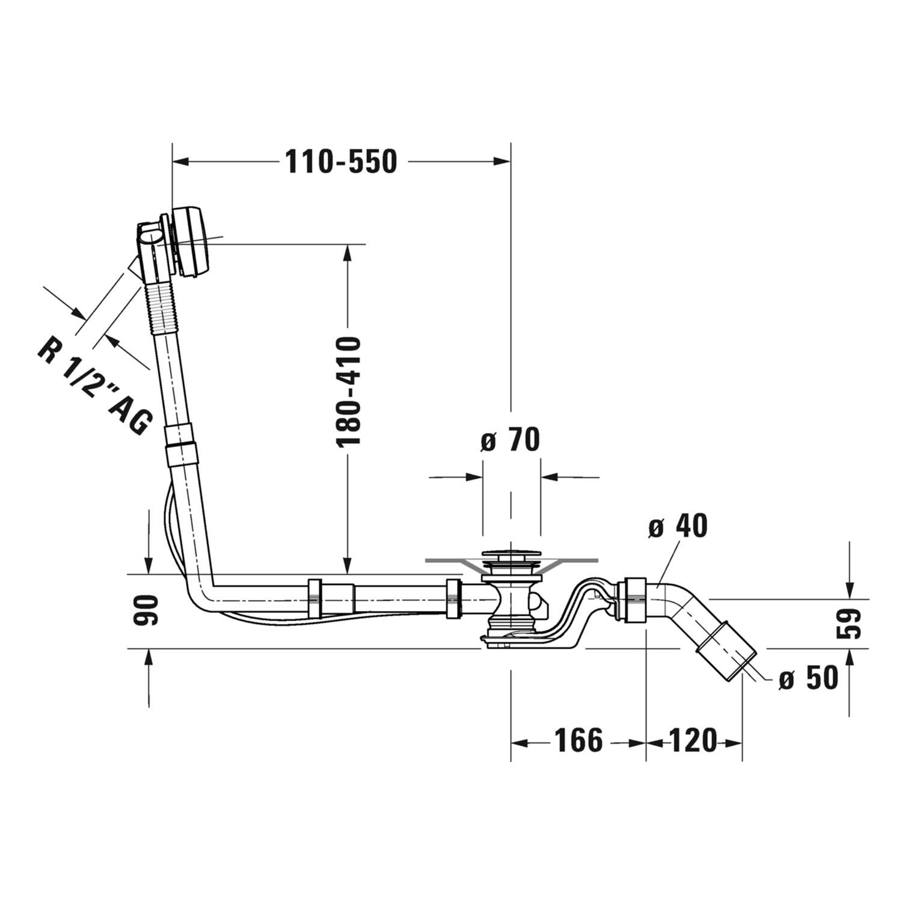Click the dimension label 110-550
point(341,161)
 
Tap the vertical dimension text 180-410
point(348,392)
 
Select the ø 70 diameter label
point(511,441)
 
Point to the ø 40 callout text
point(678,527)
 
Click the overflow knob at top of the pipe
point(189,242)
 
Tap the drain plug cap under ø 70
point(511,553)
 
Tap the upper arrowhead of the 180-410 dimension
point(347,253)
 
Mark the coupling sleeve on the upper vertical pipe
point(181,444)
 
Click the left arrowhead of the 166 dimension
point(520,743)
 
